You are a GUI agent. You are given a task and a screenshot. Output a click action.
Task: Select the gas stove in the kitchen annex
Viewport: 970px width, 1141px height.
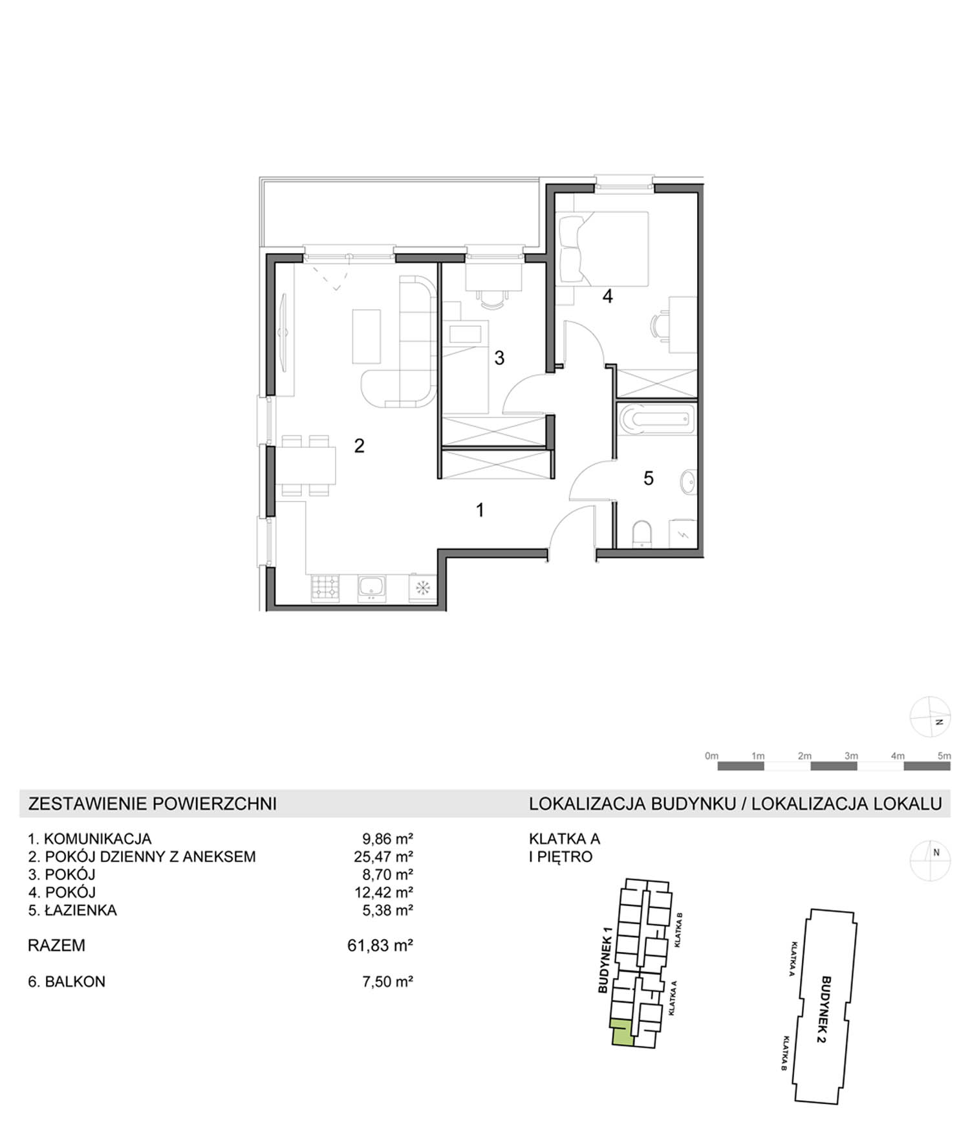(x=325, y=588)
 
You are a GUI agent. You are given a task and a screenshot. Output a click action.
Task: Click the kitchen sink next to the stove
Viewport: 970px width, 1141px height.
(x=372, y=588)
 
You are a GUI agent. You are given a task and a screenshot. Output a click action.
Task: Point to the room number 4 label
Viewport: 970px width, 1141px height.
(x=607, y=296)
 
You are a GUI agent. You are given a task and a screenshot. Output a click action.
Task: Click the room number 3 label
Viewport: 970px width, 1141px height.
(x=499, y=358)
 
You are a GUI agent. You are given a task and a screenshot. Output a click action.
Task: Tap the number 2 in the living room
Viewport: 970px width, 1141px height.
(x=359, y=445)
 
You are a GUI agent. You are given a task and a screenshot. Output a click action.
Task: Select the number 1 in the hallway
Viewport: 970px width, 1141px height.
(x=480, y=510)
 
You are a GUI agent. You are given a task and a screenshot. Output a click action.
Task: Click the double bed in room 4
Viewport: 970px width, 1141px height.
(x=603, y=249)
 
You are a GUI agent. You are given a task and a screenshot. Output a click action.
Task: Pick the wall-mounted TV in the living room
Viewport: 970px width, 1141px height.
(x=283, y=333)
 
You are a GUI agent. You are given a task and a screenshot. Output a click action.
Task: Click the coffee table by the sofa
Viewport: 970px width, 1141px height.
(x=366, y=337)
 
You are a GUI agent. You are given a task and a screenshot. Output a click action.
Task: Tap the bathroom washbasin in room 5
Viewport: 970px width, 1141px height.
(x=688, y=482)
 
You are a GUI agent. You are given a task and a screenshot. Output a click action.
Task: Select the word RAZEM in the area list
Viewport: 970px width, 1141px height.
(x=56, y=946)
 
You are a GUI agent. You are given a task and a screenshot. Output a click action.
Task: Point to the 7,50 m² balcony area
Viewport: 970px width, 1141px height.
(x=387, y=982)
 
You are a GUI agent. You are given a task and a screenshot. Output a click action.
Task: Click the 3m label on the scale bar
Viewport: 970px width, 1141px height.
(x=851, y=756)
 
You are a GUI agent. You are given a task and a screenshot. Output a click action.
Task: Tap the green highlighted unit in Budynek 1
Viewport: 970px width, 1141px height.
(x=621, y=1032)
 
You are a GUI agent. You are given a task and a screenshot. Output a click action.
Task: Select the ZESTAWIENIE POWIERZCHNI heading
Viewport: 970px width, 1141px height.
(x=153, y=804)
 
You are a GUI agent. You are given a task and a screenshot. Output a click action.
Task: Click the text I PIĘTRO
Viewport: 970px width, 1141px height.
(x=561, y=857)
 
